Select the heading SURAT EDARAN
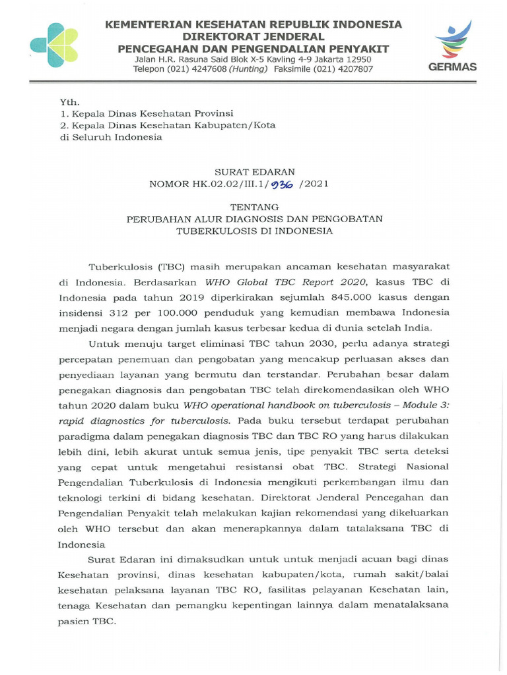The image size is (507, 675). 253,170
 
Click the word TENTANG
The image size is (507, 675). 254,206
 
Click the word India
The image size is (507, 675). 419,328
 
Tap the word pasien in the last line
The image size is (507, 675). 74,621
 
